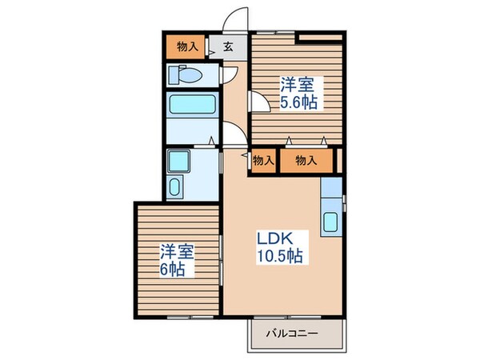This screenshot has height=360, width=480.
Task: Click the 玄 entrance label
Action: coord(228,47)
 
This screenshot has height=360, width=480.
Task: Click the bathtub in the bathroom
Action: coord(192,106)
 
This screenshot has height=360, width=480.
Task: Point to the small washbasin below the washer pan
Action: coord(176,188)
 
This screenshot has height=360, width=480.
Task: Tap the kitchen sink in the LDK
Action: coord(330,222)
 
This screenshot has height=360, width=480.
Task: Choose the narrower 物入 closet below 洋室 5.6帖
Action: coord(262,160)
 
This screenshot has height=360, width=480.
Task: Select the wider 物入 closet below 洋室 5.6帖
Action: coord(306,160)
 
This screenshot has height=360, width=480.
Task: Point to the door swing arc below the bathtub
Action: coord(231,136)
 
